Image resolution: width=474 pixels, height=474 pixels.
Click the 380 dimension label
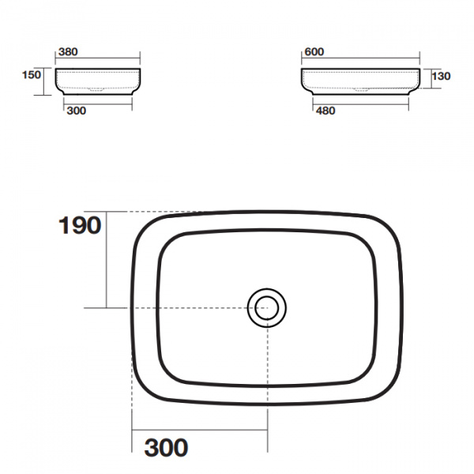pyautogui.click(x=68, y=52)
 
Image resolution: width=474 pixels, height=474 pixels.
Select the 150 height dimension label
pyautogui.click(x=32, y=75)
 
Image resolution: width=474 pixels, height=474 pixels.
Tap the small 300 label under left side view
pyautogui.click(x=77, y=111)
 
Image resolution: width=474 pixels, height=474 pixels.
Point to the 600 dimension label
pyautogui.click(x=314, y=52)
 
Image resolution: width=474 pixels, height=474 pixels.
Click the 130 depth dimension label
pyautogui.click(x=441, y=76)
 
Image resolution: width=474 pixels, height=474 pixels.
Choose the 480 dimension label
pyautogui.click(x=325, y=111)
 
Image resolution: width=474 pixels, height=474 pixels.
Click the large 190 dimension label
pyautogui.click(x=80, y=225)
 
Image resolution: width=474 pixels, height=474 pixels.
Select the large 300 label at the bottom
pyautogui.click(x=166, y=447)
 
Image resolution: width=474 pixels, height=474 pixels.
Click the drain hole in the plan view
pyautogui.click(x=267, y=308)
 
